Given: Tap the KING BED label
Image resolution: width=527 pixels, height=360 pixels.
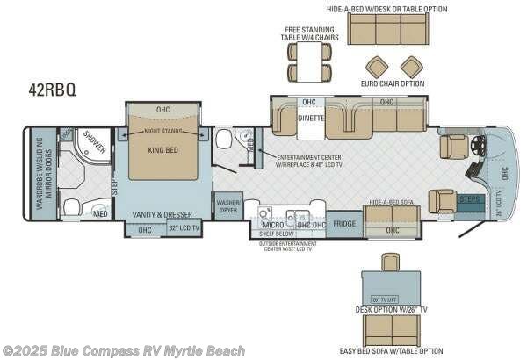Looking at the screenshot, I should (x=162, y=150).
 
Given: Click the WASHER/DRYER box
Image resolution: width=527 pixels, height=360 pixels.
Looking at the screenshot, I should (x=227, y=205).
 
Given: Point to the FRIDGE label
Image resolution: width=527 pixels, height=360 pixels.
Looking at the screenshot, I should (x=344, y=224).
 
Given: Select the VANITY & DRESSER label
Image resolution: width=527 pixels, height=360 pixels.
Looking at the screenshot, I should (x=162, y=213).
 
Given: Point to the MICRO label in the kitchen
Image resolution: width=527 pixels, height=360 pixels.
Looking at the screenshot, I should (x=260, y=225).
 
